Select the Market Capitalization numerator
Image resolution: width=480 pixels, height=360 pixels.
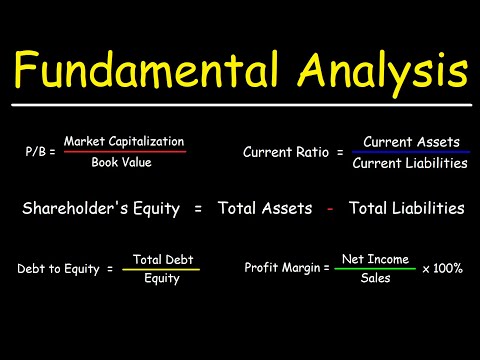pyautogui.click(x=123, y=142)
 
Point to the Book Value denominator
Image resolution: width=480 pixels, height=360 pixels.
pyautogui.click(x=123, y=162)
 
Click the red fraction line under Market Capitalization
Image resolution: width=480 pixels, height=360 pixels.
pyautogui.click(x=123, y=152)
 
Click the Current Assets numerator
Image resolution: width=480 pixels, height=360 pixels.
pyautogui.click(x=409, y=143)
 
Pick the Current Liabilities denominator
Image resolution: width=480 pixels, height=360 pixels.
pyautogui.click(x=409, y=163)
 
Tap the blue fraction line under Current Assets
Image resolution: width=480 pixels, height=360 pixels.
pyautogui.click(x=409, y=153)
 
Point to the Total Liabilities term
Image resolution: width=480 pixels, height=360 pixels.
pyautogui.click(x=406, y=208)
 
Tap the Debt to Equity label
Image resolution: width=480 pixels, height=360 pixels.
pyautogui.click(x=58, y=269)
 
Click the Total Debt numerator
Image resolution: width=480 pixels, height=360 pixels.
pyautogui.click(x=160, y=259)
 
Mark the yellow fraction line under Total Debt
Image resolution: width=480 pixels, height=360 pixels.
pyautogui.click(x=160, y=269)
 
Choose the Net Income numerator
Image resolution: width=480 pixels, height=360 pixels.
pyautogui.click(x=376, y=259)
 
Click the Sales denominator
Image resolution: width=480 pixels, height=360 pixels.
pyautogui.click(x=376, y=279)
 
